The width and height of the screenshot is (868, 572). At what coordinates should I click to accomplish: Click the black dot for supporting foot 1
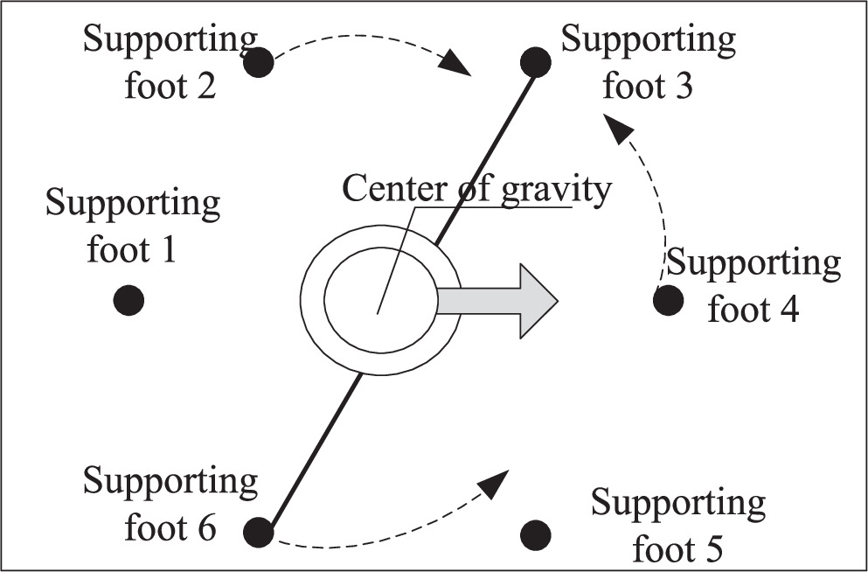click(x=128, y=300)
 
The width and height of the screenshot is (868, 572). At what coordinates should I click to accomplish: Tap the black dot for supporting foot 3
click(x=535, y=62)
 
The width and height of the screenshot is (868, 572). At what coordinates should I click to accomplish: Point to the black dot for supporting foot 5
click(x=535, y=533)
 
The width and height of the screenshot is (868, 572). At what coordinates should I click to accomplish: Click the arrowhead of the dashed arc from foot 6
click(x=496, y=479)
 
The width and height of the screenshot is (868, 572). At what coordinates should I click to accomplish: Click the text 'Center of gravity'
click(x=476, y=189)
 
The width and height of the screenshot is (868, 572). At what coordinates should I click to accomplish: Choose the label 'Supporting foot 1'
click(x=133, y=227)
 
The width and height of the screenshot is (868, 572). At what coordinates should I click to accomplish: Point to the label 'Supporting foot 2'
click(x=170, y=63)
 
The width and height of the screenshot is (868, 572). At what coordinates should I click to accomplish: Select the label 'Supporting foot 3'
click(x=648, y=63)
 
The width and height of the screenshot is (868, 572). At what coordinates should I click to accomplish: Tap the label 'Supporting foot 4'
click(x=753, y=286)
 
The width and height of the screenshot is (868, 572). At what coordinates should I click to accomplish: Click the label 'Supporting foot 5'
click(x=678, y=526)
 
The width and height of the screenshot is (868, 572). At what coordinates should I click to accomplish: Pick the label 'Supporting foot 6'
click(x=170, y=505)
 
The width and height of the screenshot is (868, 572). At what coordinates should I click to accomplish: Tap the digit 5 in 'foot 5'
click(x=712, y=550)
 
